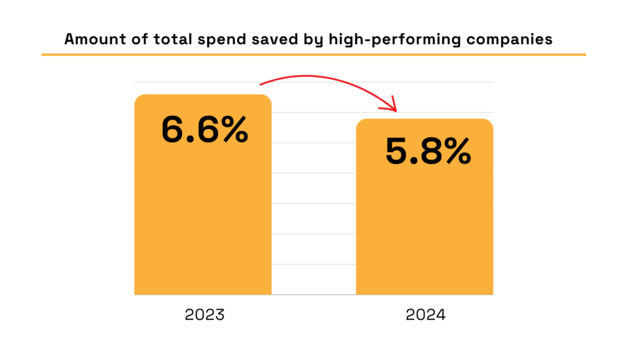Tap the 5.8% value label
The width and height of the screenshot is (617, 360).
pyautogui.click(x=428, y=152)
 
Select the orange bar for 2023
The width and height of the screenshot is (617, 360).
pyautogui.click(x=202, y=223)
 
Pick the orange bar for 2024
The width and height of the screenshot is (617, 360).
pyautogui.click(x=424, y=235)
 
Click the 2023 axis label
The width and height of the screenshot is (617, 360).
pyautogui.click(x=204, y=315)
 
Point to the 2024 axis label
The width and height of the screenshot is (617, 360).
pyautogui.click(x=425, y=315)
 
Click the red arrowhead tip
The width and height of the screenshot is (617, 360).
pyautogui.click(x=396, y=111)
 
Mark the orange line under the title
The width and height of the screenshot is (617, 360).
pyautogui.click(x=313, y=55)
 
